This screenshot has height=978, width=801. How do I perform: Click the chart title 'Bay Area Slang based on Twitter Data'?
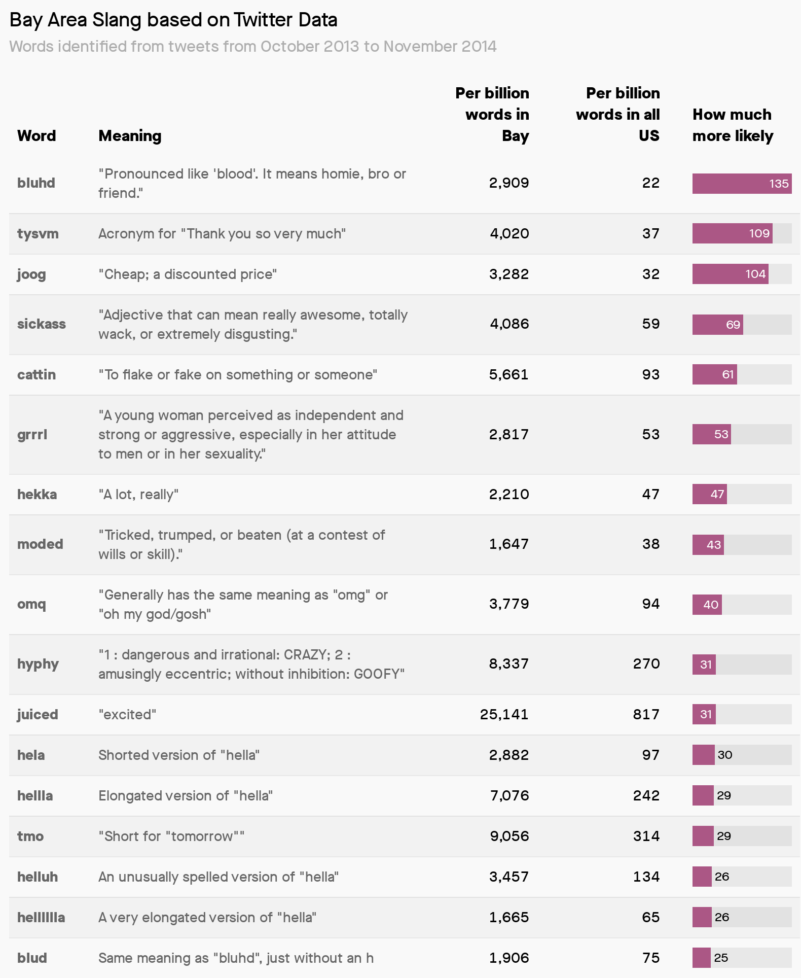173,20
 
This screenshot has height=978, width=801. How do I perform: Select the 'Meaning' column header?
130,135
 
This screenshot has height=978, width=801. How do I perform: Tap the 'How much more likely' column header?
733,125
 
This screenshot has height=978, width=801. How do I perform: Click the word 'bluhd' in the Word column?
36,183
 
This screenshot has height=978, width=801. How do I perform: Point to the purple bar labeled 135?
742,183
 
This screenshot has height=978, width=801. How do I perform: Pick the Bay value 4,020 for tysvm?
509,233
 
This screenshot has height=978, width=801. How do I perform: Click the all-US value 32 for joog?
650,274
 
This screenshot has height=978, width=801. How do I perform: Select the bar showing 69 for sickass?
717,324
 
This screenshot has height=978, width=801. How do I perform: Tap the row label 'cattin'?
37,374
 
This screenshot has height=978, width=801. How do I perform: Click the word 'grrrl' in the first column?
32,434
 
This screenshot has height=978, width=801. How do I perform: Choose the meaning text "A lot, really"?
138,494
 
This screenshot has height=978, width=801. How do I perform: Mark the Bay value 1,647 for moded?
508,544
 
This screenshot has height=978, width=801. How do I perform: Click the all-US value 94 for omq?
650,604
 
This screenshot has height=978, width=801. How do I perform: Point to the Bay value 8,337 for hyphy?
508,663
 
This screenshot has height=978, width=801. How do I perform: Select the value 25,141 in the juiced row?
504,714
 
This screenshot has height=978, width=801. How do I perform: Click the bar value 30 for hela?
725,755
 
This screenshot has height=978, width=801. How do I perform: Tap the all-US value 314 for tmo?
646,836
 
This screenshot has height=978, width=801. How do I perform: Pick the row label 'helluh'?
38,877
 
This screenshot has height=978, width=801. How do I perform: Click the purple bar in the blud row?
701,958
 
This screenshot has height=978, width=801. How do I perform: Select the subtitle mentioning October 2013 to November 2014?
253,46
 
